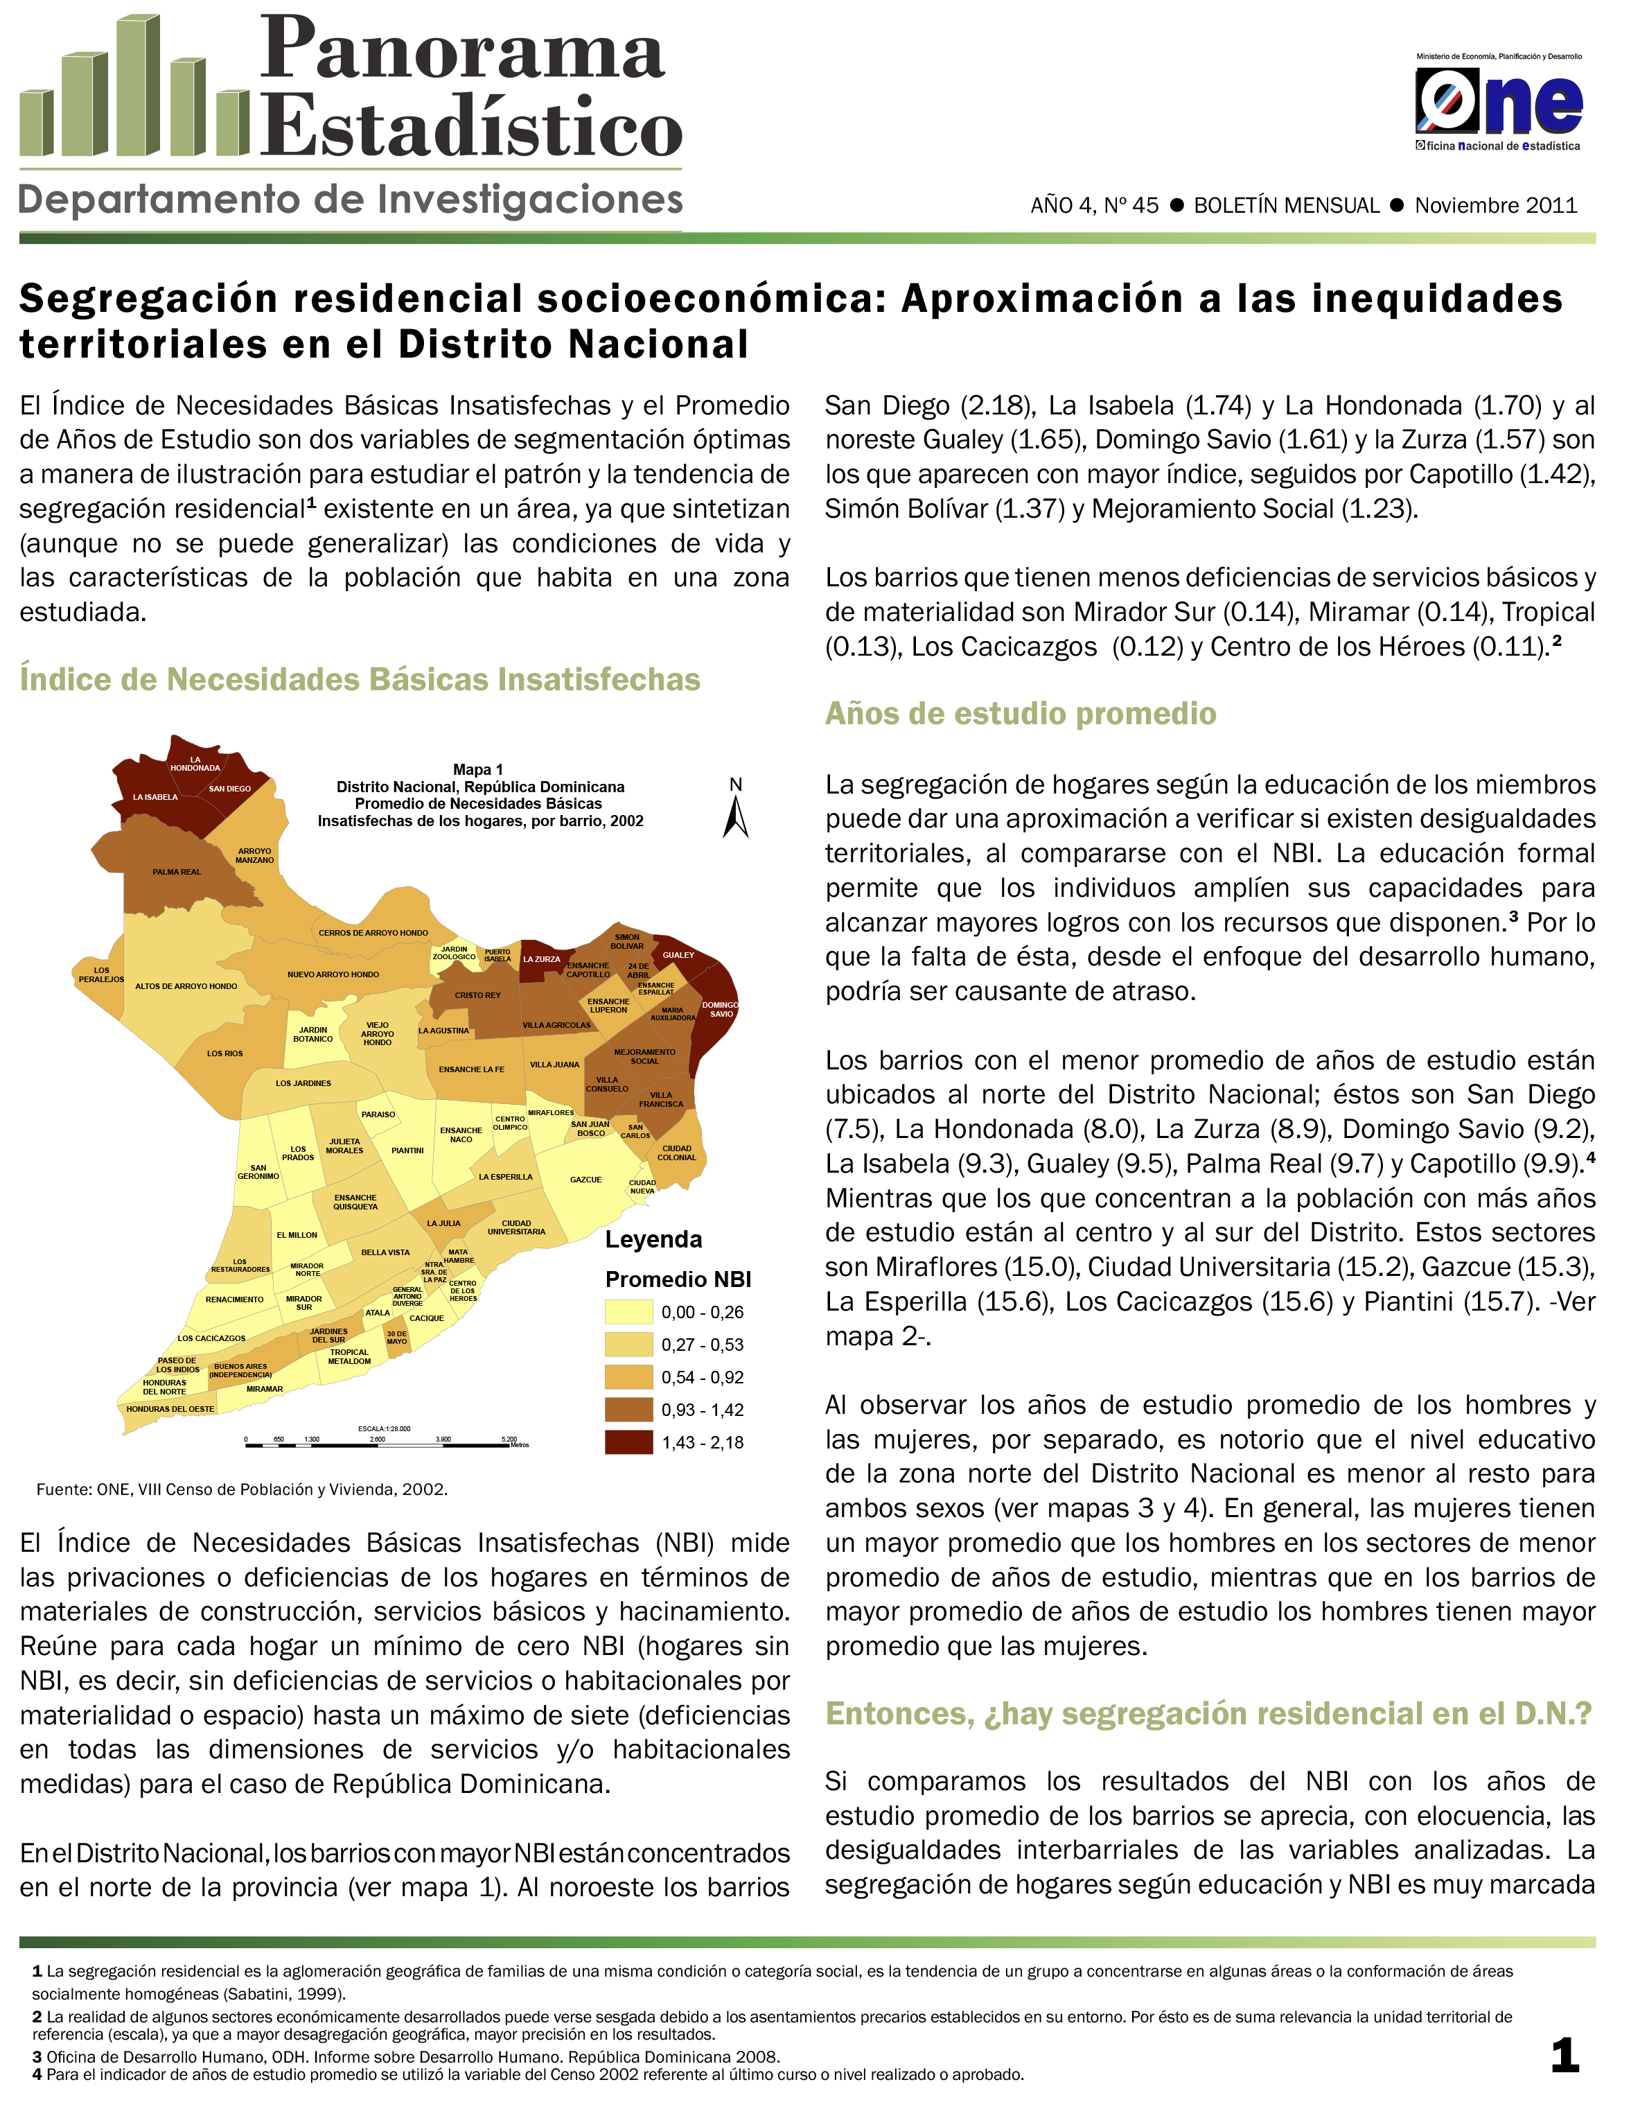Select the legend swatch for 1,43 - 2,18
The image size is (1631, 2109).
coord(628,1442)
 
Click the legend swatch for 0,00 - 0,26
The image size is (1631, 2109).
coord(628,1311)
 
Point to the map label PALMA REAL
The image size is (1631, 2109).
coord(177,872)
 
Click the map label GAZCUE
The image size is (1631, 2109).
coord(585,1180)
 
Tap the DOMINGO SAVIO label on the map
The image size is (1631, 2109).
coord(721,1009)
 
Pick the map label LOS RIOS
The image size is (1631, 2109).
coord(225,1053)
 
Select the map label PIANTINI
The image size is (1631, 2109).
coord(407,1150)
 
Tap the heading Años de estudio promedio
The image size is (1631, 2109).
coord(1020,714)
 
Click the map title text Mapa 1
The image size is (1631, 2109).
coord(478,769)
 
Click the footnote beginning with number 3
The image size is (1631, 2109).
coord(405,2057)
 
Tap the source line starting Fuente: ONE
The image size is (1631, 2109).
coord(241,1489)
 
